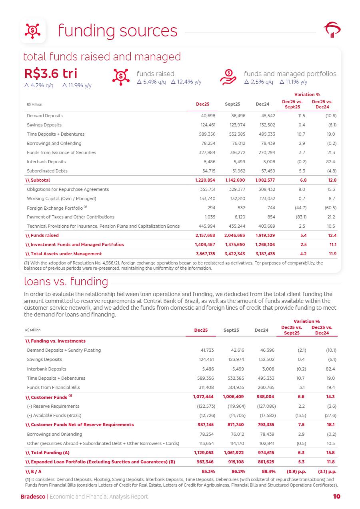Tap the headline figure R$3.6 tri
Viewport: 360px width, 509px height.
point(51,74)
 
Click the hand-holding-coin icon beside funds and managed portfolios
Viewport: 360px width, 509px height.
point(228,77)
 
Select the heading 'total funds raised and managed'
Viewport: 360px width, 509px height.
point(102,56)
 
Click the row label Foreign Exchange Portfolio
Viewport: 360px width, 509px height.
point(55,208)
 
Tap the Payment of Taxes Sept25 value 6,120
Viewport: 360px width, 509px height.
point(239,217)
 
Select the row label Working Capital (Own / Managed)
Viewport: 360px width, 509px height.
point(61,198)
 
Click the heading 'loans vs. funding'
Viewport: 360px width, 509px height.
point(66,282)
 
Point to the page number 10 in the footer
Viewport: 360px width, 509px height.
point(336,497)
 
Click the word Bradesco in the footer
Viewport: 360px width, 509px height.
point(33,497)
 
